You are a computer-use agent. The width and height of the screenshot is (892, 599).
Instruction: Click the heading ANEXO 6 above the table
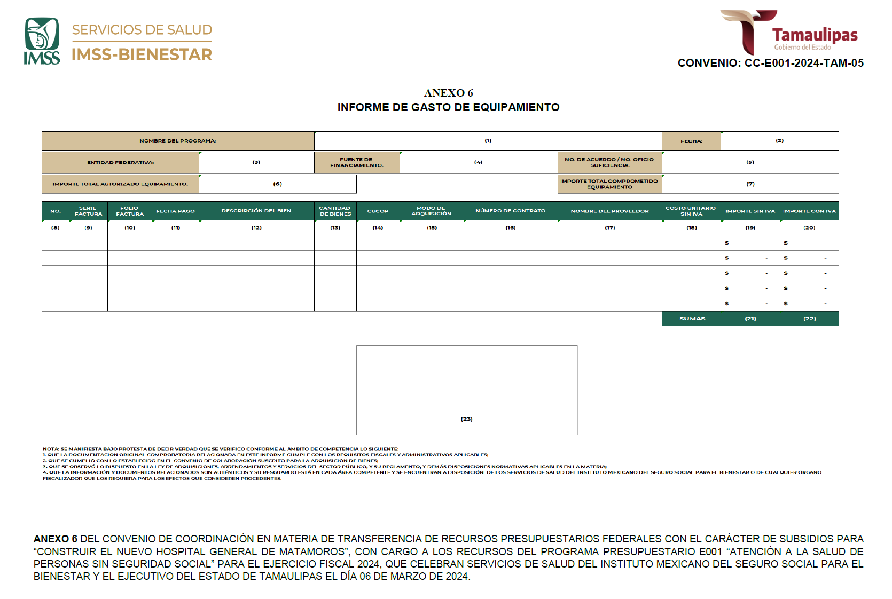[x=448, y=93]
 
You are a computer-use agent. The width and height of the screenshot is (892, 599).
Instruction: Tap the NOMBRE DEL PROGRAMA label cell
[x=178, y=141]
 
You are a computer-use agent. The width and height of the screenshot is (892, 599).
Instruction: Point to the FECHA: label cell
[x=691, y=141]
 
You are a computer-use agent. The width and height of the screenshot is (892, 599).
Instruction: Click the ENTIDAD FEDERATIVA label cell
[x=120, y=162]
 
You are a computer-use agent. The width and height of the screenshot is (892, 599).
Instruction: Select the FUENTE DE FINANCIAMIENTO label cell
[x=357, y=162]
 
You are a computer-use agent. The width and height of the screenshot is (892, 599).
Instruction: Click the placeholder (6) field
[x=277, y=184]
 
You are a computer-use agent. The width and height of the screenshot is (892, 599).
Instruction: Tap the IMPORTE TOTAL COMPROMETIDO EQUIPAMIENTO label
[x=609, y=184]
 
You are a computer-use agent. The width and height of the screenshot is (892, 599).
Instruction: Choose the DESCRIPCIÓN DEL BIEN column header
[x=256, y=211]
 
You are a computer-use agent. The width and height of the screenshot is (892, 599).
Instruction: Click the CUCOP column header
[x=378, y=211]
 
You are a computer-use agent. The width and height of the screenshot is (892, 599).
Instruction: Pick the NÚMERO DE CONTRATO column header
[x=511, y=211]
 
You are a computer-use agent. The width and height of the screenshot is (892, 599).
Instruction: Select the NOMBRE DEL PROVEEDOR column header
[x=609, y=211]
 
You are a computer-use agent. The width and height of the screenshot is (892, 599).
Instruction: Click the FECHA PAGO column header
[x=175, y=211]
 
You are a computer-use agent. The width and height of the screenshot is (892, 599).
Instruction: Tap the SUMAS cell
[x=692, y=319]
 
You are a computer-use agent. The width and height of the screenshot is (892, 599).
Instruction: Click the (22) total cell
[x=809, y=319]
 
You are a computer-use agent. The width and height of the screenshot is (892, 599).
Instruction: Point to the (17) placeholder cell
[x=609, y=227]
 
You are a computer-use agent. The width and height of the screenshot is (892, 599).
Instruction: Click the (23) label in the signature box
[x=466, y=419]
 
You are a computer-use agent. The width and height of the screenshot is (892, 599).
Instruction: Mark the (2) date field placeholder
[x=779, y=141]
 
